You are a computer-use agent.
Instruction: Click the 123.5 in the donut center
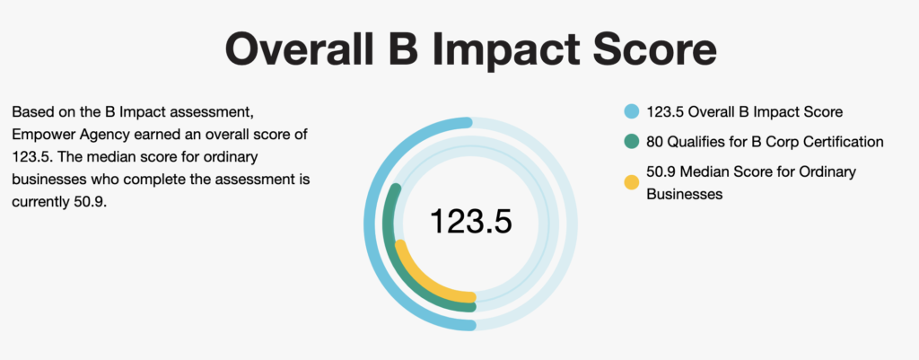470,221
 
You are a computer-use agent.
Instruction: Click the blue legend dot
631,112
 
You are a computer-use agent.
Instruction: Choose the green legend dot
631,142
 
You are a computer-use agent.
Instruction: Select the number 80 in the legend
655,142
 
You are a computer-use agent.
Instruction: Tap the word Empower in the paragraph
44,135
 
